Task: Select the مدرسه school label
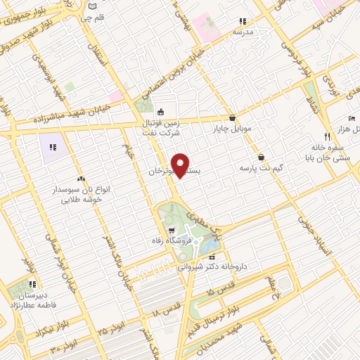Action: point(243,32)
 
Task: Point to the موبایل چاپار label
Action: point(231,129)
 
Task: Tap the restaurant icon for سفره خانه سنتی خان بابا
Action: point(327,136)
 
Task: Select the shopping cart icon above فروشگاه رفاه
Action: point(172,231)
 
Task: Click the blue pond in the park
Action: point(210,246)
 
